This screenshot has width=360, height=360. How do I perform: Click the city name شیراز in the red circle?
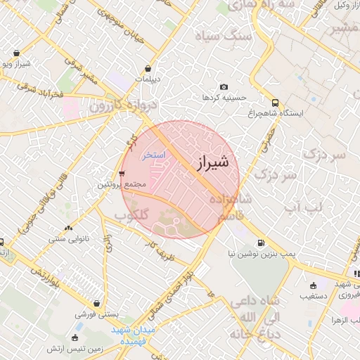(210, 162)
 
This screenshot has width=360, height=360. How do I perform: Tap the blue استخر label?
(154, 154)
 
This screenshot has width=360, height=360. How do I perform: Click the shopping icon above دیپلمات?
(148, 68)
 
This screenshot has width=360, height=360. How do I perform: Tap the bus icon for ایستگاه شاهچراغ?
(273, 101)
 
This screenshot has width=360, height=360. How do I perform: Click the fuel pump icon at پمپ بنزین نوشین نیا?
(261, 243)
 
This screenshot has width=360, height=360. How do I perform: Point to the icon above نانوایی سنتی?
(68, 228)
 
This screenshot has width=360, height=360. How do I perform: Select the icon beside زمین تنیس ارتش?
(75, 338)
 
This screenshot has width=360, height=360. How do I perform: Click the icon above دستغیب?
(312, 285)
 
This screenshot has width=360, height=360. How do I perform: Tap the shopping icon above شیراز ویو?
(16, 53)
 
